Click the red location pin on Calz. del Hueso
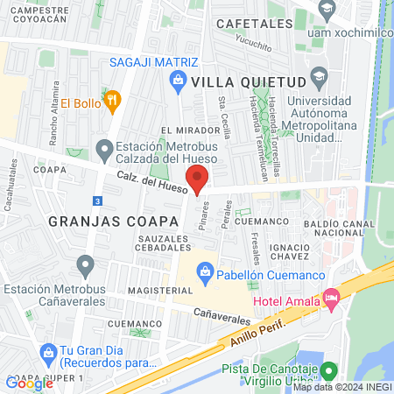(198, 182)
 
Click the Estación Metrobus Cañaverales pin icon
(85, 264)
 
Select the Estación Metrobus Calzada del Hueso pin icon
(104, 149)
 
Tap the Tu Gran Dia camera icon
(48, 353)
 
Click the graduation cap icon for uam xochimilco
(327, 11)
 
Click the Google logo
(29, 383)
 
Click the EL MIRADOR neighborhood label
(184, 130)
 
